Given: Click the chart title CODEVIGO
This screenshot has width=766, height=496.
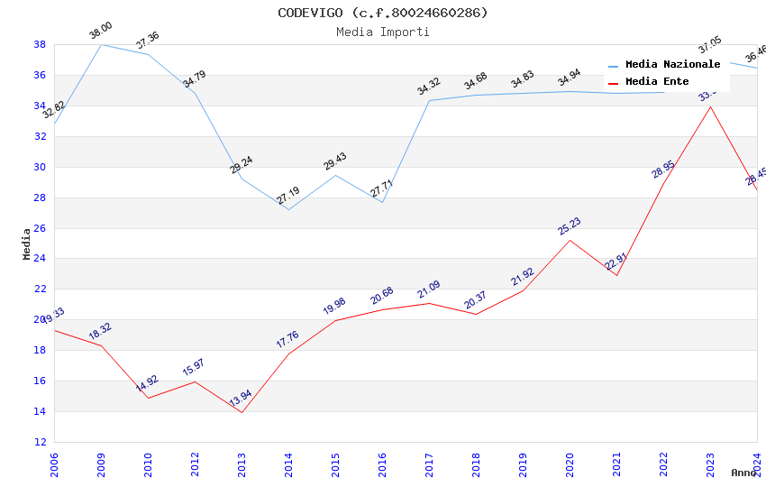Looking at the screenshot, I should pos(382,13).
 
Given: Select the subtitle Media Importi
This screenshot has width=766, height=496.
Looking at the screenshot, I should pos(382,32).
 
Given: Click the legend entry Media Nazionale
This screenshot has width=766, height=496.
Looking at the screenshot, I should pos(672,65).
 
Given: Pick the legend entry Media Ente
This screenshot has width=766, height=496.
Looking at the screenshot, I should pos(657,82).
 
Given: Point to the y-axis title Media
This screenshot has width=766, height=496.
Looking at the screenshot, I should pos(27,243).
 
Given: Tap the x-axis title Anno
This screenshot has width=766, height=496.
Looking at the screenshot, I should pos(743,473).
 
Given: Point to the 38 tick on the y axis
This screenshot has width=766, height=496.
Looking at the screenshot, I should pos(41,44).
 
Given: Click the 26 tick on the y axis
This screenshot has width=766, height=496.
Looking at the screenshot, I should pos(41,228).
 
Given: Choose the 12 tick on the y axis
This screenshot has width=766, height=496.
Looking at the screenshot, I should pos(41,442).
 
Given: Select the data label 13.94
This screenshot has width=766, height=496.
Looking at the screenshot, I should pos(241,399).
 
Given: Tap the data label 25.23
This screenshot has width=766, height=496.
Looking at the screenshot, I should pos(569,225).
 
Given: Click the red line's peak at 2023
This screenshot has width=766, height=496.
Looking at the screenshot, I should pos(710,106).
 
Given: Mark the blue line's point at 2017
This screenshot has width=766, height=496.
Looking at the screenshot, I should pos(429,100).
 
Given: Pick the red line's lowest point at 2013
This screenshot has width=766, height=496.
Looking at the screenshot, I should pos(242,412).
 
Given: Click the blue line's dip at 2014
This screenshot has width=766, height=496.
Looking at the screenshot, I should pos(288,209).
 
